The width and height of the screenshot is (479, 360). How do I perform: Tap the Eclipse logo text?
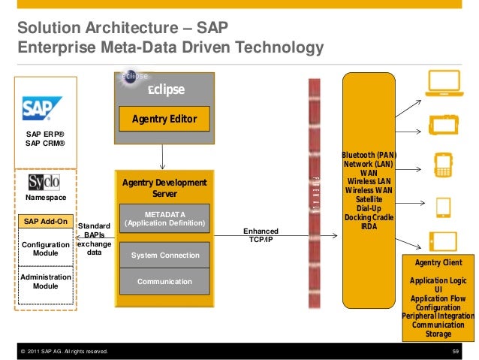[x=165, y=90]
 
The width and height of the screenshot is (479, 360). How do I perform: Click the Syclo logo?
[x=44, y=183]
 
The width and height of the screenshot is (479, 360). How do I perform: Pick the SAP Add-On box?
[x=46, y=222]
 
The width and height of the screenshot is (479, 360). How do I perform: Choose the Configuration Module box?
[x=46, y=250]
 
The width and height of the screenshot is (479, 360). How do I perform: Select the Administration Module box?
[x=46, y=282]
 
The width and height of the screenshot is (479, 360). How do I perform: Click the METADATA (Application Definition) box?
[x=165, y=219]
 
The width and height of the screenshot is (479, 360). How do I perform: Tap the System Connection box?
[x=165, y=256]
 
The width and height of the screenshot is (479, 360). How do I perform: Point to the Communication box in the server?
[x=165, y=282]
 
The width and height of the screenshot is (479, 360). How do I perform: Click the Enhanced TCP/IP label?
[x=261, y=235]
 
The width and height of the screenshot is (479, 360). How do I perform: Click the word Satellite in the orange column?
[x=369, y=199]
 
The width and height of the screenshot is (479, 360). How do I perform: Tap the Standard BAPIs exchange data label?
[x=95, y=239]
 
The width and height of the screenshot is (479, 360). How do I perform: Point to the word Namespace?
[x=46, y=198]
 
